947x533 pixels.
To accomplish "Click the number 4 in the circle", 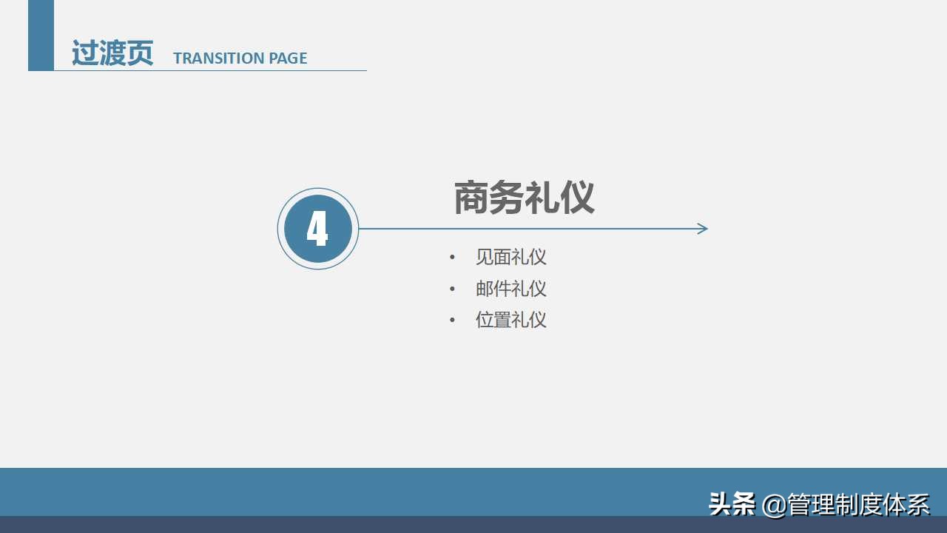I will (317, 229).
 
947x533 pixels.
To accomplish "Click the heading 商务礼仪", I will (524, 198).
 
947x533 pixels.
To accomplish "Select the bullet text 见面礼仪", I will (510, 257).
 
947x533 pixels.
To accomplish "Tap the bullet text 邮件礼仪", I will (510, 289).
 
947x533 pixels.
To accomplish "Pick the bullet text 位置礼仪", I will (510, 320).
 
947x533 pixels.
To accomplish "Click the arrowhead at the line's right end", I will (703, 229).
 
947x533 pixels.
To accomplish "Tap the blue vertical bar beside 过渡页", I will (41, 35).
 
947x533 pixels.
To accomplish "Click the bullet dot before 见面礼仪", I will (453, 258).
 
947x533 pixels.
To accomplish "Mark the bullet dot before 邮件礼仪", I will (453, 289).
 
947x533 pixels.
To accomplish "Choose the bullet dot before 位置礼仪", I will (453, 320).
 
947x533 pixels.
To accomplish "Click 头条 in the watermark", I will (732, 504).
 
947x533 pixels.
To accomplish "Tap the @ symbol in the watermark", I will (774, 505).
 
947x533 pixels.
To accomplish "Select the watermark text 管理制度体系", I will (858, 505).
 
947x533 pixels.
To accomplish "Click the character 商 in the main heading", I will (471, 198).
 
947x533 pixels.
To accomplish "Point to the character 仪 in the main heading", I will (577, 198).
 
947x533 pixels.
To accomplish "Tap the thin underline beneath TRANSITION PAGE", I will (222, 70).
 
